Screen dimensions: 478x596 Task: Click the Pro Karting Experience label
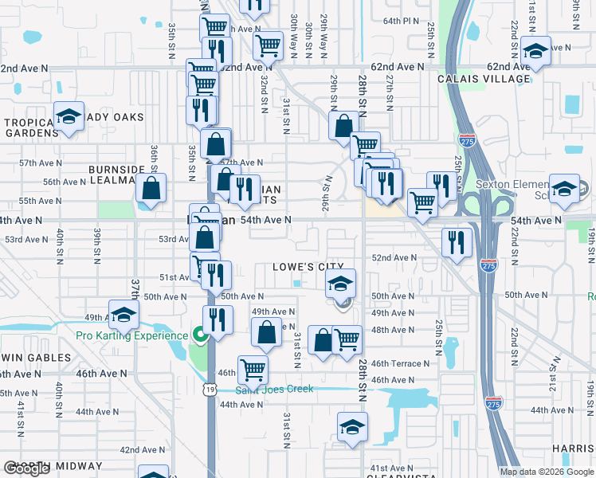pyautogui.click(x=132, y=335)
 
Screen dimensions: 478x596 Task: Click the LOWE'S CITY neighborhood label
pyautogui.click(x=308, y=267)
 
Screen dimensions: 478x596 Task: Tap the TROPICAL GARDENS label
pyautogui.click(x=28, y=127)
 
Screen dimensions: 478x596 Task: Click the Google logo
pyautogui.click(x=27, y=468)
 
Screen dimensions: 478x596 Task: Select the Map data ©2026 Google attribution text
pyautogui.click(x=547, y=471)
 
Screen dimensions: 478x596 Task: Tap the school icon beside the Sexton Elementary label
pyautogui.click(x=564, y=188)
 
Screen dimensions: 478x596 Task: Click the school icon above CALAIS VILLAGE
pyautogui.click(x=537, y=51)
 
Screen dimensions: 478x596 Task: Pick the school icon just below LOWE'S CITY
pyautogui.click(x=340, y=283)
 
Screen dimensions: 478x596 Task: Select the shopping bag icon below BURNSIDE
pyautogui.click(x=151, y=188)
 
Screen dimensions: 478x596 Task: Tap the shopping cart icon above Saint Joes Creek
pyautogui.click(x=253, y=368)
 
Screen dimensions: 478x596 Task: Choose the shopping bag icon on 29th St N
pyautogui.click(x=343, y=125)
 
